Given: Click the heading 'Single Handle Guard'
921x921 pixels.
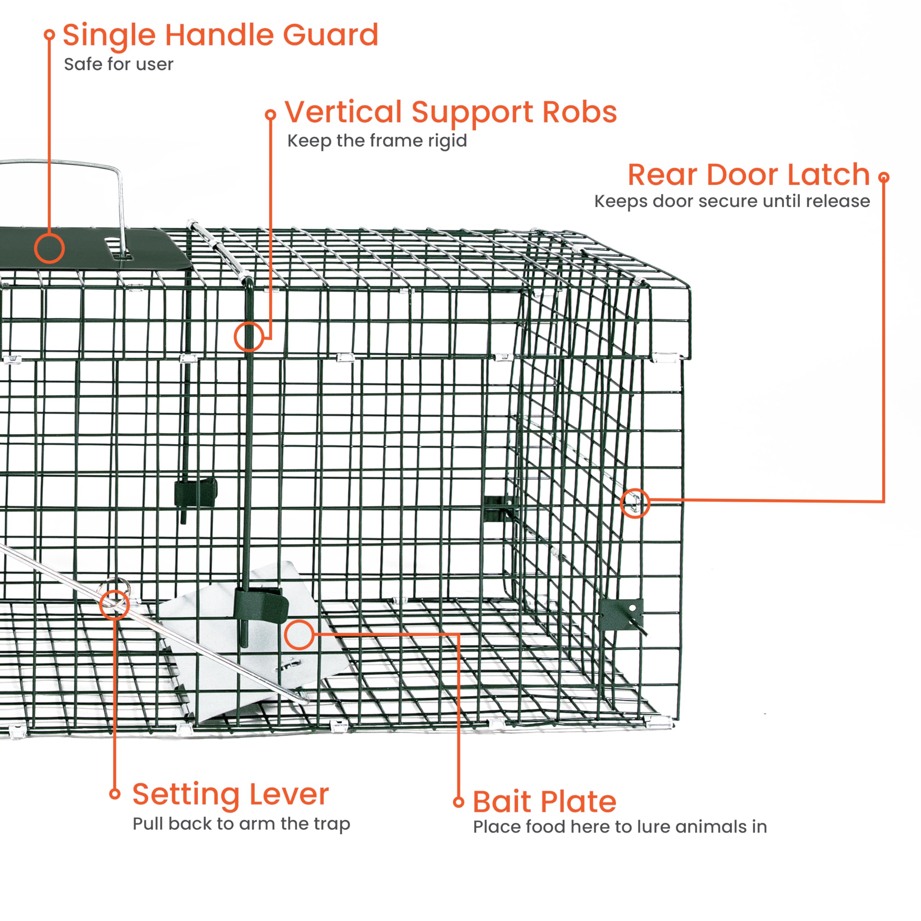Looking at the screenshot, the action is pos(221,36).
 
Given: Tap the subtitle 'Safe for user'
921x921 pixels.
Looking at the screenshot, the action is pos(119,64).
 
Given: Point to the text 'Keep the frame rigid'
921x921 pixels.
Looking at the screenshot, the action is pos(377,141).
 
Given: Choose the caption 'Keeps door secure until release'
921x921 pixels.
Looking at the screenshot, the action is pos(732,201).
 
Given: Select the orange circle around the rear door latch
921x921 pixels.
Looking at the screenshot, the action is pos(635,503).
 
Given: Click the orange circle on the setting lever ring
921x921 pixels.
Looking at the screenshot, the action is pos(115,604).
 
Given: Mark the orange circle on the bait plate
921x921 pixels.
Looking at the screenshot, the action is pos(299,635).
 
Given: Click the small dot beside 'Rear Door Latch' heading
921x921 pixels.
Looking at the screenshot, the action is pos(884,177).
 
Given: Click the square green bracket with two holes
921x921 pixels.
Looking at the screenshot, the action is pos(621,614).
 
